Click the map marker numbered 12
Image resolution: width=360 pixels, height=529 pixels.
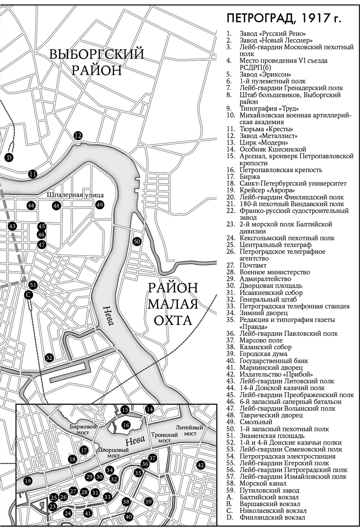point(78,135)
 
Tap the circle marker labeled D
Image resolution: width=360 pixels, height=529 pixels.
point(9,157)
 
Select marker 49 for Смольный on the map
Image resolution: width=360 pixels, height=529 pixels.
point(100,205)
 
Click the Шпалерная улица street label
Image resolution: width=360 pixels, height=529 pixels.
point(76,195)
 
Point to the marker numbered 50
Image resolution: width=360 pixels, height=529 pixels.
point(137,241)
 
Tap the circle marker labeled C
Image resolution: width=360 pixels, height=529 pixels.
point(28,295)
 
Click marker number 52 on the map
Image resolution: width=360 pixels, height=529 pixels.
point(49,358)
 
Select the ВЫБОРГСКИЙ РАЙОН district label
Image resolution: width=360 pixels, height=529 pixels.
point(96,62)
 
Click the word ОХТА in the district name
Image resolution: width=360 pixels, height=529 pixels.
point(172,320)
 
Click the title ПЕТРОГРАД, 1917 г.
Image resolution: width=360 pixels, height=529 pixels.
point(283,18)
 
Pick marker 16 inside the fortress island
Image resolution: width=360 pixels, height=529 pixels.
point(126,425)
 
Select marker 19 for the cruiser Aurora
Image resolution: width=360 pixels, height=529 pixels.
point(27,481)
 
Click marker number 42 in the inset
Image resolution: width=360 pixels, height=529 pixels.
point(201,465)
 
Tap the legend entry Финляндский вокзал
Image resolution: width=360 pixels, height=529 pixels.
point(272,517)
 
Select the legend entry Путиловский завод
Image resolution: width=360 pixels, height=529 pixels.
point(269,490)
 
